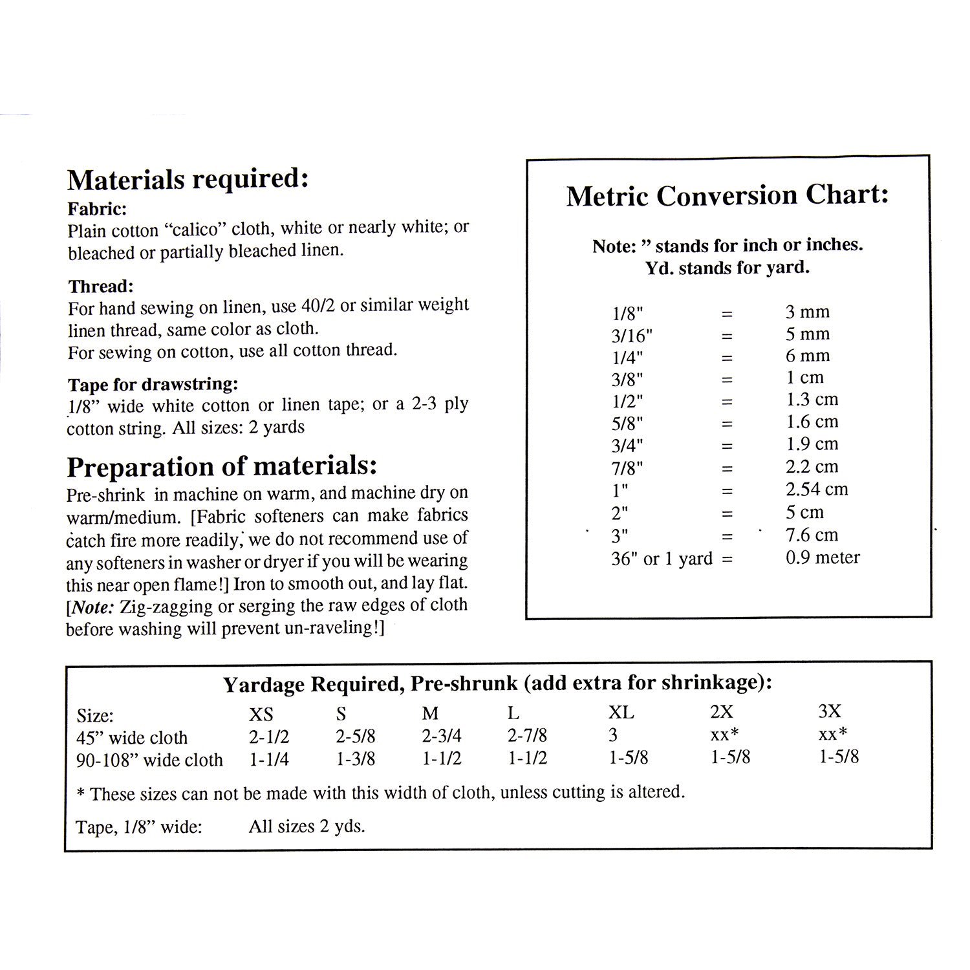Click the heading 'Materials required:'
tap(188, 179)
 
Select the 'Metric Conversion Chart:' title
tap(727, 195)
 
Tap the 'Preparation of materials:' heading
tap(222, 466)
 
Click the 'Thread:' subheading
tap(100, 286)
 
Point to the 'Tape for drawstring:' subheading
tap(153, 384)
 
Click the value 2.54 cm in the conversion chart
tap(816, 489)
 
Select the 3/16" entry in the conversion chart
tap(632, 336)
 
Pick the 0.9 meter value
tap(823, 557)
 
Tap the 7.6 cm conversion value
tap(812, 535)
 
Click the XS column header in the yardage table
tap(261, 714)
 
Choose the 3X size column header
tap(830, 711)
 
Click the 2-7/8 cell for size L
tap(528, 735)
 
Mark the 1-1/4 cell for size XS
tap(269, 759)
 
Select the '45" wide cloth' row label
tap(132, 737)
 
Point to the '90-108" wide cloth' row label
tap(149, 760)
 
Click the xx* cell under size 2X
tap(724, 734)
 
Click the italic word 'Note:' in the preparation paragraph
tap(88, 607)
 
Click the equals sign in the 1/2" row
tap(727, 401)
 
